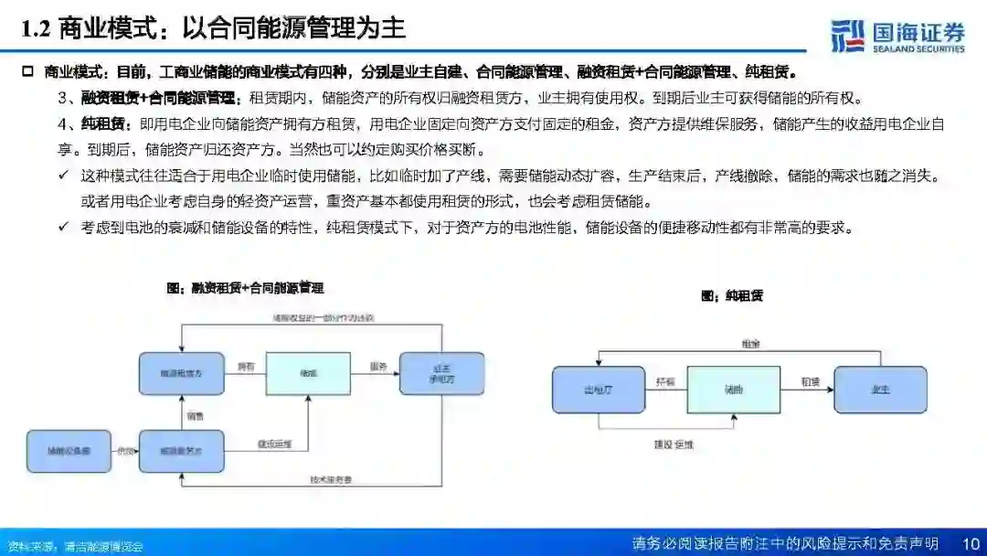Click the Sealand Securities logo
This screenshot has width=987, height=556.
point(897,35)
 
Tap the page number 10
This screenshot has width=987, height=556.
point(971,543)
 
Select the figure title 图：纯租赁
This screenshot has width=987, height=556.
point(731,295)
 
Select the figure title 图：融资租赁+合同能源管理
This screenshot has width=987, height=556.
point(245,287)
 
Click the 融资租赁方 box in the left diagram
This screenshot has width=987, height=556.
point(181,373)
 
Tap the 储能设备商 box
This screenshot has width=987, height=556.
point(68,451)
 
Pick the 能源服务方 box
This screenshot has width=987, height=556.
point(181,451)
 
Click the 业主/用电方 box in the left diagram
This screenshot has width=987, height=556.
point(441,373)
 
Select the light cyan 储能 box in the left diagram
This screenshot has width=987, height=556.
point(307,373)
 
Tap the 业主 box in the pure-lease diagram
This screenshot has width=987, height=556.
point(880,389)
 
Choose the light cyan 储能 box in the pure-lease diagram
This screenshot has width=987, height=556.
point(734,389)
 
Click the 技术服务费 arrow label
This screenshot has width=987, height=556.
point(329,478)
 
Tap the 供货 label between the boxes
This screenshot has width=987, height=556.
point(125,450)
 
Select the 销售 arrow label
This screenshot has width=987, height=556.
point(195,416)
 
